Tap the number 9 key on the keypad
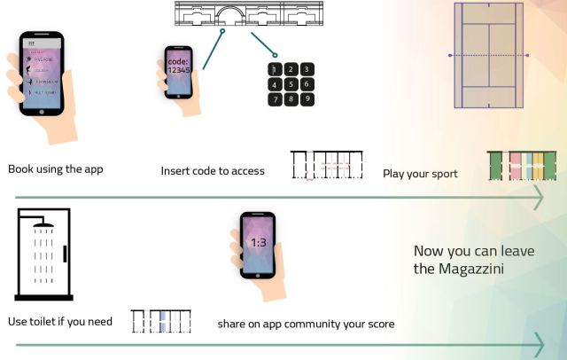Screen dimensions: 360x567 pyautogui.click(x=306, y=99)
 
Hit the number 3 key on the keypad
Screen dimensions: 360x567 pyautogui.click(x=306, y=68)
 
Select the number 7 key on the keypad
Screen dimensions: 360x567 pyautogui.click(x=276, y=99)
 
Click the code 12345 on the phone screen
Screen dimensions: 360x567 pyautogui.click(x=179, y=67)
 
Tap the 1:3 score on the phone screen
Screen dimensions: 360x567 pyautogui.click(x=259, y=242)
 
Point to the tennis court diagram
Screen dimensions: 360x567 pyautogui.click(x=489, y=55)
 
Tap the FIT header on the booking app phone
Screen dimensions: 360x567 pyautogui.click(x=31, y=42)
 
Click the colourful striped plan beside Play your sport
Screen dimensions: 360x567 pyautogui.click(x=523, y=167)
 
